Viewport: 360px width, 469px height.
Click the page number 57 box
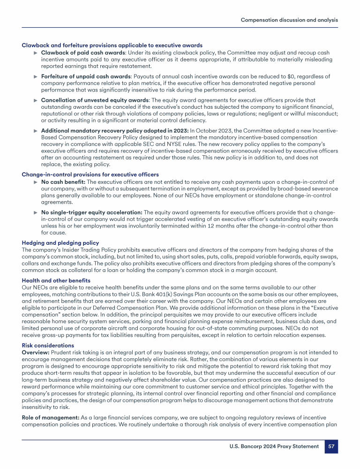pyautogui.click(x=331, y=447)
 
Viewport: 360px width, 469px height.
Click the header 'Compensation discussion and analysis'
pyautogui.click(x=289, y=20)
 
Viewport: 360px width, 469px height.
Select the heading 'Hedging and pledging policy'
pyautogui.click(x=60, y=243)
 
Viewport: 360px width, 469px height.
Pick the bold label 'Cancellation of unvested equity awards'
pyautogui.click(x=93, y=100)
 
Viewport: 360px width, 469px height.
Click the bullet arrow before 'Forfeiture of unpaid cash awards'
pyautogui.click(x=35, y=76)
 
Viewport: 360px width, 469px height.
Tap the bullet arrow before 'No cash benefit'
pyautogui.click(x=35, y=182)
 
